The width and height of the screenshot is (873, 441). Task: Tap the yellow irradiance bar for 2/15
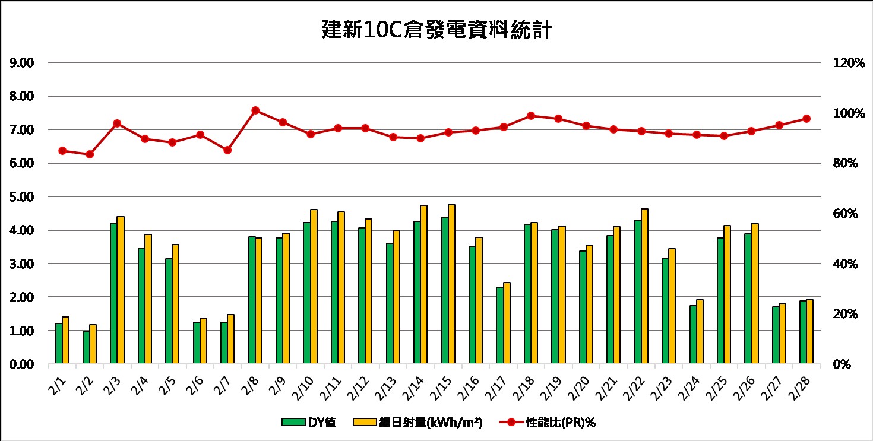coord(452,284)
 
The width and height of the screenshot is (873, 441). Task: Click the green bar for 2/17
coord(500,325)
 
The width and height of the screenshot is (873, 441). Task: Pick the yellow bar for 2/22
coord(645,286)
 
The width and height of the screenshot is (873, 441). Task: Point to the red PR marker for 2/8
coord(255,110)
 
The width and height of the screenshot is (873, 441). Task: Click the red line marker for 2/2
coord(90,154)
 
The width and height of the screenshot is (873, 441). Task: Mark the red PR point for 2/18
coord(531,116)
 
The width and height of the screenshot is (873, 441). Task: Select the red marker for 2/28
coord(806,119)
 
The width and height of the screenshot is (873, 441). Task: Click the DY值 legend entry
coord(309,422)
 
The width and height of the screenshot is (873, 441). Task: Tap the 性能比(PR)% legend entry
coord(550,422)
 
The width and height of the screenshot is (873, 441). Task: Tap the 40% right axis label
coord(846,264)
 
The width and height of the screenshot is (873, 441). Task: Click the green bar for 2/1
coord(59,344)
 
